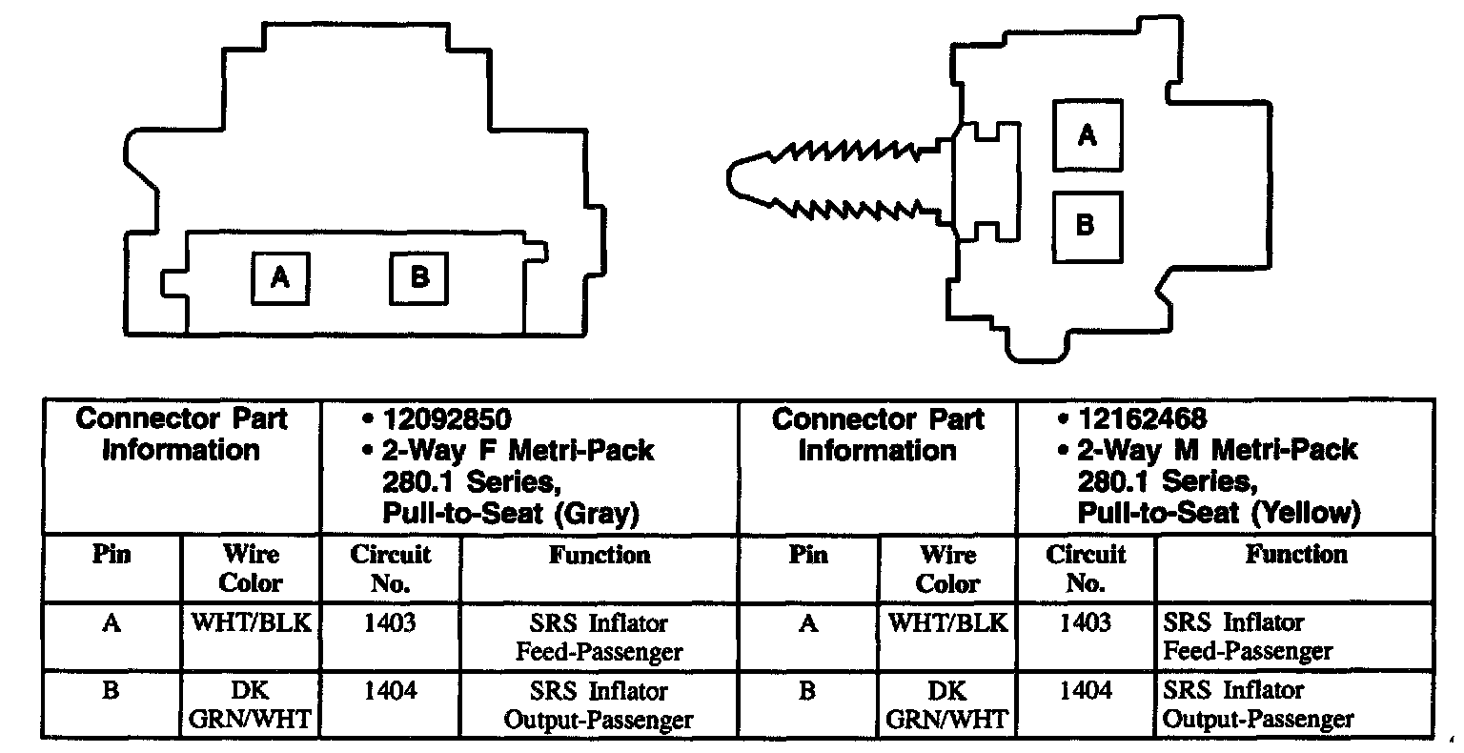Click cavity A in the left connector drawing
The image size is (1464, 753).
click(x=279, y=278)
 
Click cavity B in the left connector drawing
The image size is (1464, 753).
click(x=419, y=278)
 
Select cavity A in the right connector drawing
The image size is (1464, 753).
click(x=1087, y=136)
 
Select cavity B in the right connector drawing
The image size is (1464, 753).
click(x=1087, y=227)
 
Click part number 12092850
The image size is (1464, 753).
click(x=447, y=419)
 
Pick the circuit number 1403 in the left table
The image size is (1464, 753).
click(x=390, y=623)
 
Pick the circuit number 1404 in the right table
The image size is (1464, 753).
click(x=1085, y=691)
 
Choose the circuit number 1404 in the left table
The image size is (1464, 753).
click(x=390, y=691)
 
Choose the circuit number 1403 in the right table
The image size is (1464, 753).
click(x=1085, y=623)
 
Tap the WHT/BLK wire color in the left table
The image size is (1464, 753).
click(x=252, y=623)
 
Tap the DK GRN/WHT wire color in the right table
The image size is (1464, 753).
click(x=947, y=705)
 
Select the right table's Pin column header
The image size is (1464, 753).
click(x=807, y=555)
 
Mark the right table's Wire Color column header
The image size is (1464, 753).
click(x=947, y=568)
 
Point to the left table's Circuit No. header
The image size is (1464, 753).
click(x=391, y=568)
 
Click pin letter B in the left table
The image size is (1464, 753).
click(x=111, y=691)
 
